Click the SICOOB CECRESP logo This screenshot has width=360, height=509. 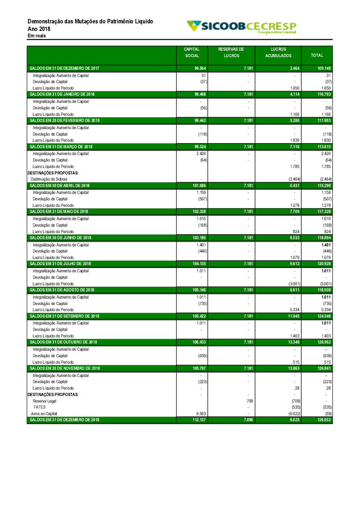[242, 27]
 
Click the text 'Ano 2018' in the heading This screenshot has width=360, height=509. [39, 29]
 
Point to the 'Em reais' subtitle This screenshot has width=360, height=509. [37, 36]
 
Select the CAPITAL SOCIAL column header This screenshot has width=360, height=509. [192, 53]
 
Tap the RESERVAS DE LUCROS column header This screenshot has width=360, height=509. [231, 53]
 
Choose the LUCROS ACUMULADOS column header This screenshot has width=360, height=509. [278, 53]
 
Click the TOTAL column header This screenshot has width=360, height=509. [317, 55]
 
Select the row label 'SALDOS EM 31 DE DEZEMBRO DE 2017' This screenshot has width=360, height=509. [64, 68]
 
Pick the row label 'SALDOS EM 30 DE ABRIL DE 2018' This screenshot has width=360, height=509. [60, 186]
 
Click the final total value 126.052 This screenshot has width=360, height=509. [324, 420]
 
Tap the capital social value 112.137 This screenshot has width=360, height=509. [199, 420]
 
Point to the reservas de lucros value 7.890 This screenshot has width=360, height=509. [248, 420]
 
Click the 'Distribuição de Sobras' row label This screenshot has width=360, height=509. [49, 179]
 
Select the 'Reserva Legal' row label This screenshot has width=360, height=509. [45, 401]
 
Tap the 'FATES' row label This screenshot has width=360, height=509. [40, 407]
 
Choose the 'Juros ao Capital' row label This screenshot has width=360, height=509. [44, 414]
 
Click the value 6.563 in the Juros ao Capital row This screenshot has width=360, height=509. [201, 414]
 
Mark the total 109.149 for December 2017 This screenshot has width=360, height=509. [324, 68]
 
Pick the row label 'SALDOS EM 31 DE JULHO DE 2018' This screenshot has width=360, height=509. [60, 264]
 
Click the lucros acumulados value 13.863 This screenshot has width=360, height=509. [294, 368]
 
